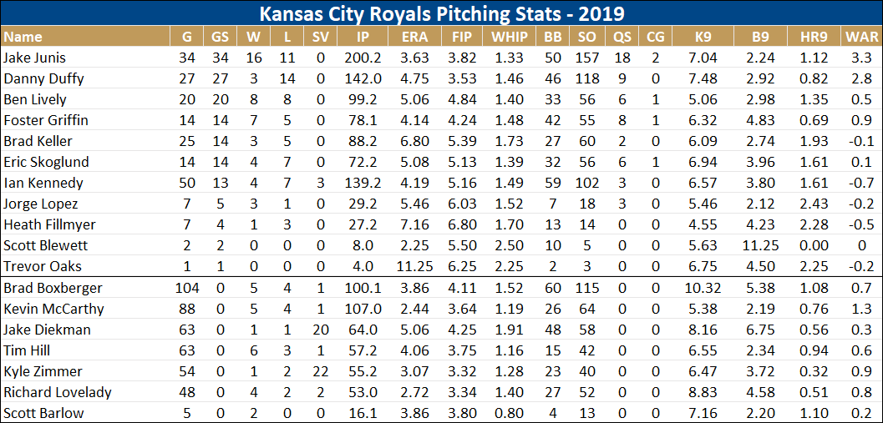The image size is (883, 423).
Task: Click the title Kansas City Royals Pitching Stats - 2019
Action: coord(441,14)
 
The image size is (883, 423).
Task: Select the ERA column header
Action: coord(414,37)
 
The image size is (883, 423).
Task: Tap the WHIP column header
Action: coord(509,37)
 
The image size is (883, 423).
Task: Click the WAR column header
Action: coord(861,37)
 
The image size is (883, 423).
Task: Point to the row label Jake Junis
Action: coord(34,58)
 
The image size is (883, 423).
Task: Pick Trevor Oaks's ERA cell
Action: coord(414,266)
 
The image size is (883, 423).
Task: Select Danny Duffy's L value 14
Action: coord(287,78)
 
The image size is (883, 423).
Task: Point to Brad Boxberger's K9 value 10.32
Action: coord(703,288)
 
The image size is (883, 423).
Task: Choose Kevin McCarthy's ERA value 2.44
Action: coord(414,309)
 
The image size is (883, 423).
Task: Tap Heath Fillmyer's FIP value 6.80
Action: coord(461,224)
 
